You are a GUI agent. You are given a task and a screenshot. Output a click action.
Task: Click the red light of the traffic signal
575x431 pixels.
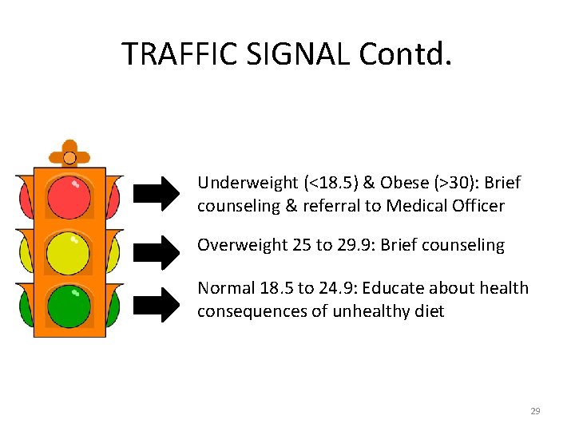(69, 196)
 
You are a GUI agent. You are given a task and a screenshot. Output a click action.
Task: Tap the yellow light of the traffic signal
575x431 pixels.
(69, 251)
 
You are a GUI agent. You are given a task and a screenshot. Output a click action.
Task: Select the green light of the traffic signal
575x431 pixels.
(69, 305)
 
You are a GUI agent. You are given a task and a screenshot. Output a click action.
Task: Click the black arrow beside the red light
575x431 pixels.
(157, 193)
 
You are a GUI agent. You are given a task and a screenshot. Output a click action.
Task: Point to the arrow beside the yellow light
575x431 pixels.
(157, 251)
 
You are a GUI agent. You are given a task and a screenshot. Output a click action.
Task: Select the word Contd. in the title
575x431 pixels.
(405, 53)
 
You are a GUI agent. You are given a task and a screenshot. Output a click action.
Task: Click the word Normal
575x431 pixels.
(224, 287)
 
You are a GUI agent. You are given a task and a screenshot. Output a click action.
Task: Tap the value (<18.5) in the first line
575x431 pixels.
(323, 183)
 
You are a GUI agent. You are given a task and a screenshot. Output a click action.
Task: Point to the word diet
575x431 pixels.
(428, 311)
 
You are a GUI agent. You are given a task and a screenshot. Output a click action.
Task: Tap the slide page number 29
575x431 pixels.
(535, 411)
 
